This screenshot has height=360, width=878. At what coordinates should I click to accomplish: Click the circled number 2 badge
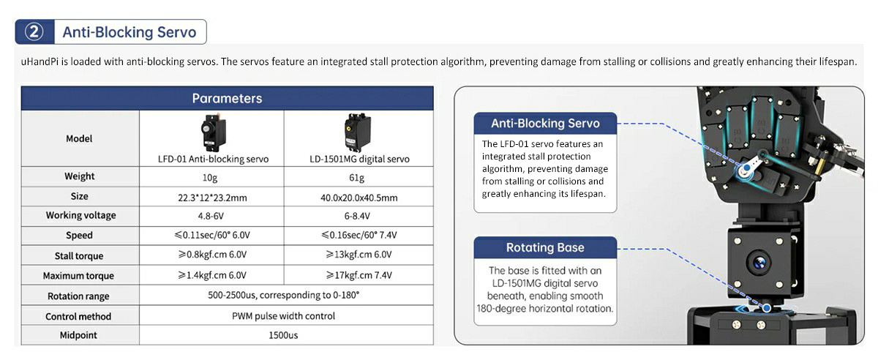point(34,31)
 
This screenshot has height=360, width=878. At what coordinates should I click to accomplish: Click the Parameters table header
point(227,98)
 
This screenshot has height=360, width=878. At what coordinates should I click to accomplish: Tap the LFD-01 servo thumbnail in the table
point(213,132)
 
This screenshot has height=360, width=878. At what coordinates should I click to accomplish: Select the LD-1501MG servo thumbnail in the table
point(357,132)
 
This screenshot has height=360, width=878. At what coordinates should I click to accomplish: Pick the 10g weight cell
point(210,178)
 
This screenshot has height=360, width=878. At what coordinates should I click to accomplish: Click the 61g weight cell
point(357,178)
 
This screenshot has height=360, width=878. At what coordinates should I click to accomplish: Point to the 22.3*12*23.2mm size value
point(212,198)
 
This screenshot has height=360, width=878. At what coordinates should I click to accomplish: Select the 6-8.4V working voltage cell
point(357,216)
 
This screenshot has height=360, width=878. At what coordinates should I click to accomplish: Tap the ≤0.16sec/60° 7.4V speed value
point(359,235)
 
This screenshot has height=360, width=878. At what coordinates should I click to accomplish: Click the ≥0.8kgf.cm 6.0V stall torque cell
point(212,255)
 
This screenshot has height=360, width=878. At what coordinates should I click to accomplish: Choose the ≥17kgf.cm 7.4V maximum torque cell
point(359,275)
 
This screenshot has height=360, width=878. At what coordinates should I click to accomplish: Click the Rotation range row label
point(78,296)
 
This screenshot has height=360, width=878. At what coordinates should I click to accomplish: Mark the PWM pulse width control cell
point(283,316)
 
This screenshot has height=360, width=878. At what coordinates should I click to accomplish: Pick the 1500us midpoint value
point(283,335)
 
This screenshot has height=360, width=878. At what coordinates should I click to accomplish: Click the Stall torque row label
point(79,255)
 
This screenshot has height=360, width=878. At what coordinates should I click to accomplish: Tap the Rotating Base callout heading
point(545,247)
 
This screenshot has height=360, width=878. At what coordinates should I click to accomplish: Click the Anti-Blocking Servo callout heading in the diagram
point(545,123)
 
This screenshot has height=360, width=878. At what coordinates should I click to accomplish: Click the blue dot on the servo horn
point(747,168)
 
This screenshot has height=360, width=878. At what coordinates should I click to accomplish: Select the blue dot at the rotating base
point(767,308)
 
